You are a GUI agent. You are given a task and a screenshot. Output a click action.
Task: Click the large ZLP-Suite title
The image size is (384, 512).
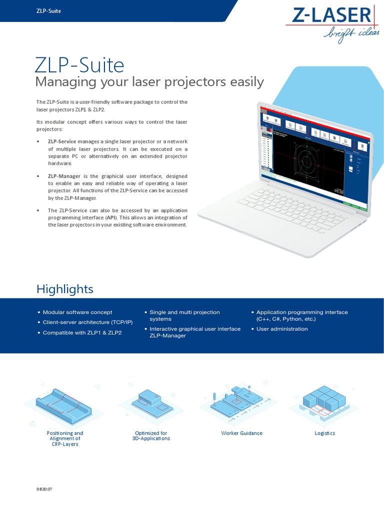pyautogui.click(x=79, y=65)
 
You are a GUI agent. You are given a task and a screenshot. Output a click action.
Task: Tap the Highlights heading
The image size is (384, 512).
pyautogui.click(x=64, y=289)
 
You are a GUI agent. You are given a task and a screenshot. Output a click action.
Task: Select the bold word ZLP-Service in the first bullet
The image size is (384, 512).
pyautogui.click(x=62, y=141)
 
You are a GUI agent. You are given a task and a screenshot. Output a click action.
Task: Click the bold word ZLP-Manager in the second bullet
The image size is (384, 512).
pyautogui.click(x=64, y=176)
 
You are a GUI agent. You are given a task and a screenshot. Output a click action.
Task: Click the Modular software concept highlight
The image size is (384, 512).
pyautogui.click(x=77, y=312)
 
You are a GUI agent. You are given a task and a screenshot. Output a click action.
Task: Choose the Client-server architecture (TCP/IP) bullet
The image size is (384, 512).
pyautogui.click(x=87, y=322)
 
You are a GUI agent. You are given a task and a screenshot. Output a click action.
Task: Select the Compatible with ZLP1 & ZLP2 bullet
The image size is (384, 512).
pyautogui.click(x=82, y=332)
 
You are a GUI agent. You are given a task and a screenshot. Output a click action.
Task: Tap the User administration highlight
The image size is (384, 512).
pyautogui.click(x=282, y=329)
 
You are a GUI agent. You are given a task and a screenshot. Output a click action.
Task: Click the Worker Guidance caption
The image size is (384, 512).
pyautogui.click(x=241, y=433)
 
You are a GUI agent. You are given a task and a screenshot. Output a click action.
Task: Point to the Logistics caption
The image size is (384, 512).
pyautogui.click(x=324, y=433)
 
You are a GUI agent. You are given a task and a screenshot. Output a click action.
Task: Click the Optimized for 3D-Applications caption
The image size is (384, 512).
pyautogui.click(x=151, y=435)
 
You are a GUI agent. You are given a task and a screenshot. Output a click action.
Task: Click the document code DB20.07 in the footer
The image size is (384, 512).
pyautogui.click(x=44, y=489)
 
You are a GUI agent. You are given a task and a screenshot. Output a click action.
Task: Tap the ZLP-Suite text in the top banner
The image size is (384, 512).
pyautogui.click(x=48, y=11)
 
